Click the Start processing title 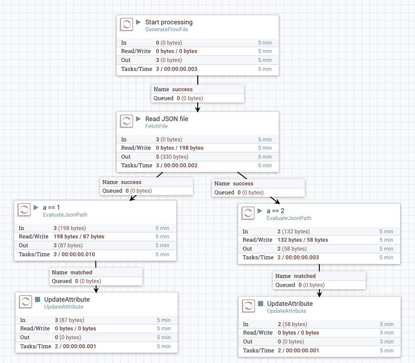pyautogui.click(x=169, y=22)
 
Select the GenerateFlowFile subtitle pyautogui.click(x=167, y=30)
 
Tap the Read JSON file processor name pyautogui.click(x=167, y=119)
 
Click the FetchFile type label pyautogui.click(x=157, y=126)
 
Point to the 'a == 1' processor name pyautogui.click(x=52, y=207)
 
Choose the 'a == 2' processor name pyautogui.click(x=275, y=211)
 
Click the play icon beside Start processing pyautogui.click(x=139, y=22)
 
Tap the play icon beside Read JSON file pyautogui.click(x=139, y=119)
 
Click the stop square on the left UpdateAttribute pyautogui.click(x=37, y=299)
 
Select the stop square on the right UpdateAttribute pyautogui.click(x=260, y=303)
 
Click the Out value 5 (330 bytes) pyautogui.click(x=172, y=157)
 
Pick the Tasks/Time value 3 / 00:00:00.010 pyautogui.click(x=74, y=254)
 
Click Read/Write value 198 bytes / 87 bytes pyautogui.click(x=79, y=236)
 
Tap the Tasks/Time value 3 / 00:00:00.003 pyautogui.click(x=177, y=69)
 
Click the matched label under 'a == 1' pyautogui.click(x=81, y=272)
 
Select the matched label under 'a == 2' pyautogui.click(x=304, y=276)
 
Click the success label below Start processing pyautogui.click(x=182, y=89)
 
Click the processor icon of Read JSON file pyautogui.click(x=126, y=121)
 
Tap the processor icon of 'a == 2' pyautogui.click(x=248, y=213)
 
